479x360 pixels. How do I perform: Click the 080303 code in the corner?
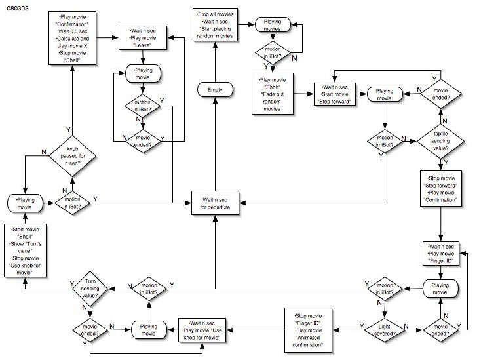pos(18,12)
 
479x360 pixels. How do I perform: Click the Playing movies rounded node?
pos(273,26)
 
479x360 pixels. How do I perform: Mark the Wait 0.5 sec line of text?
pos(72,31)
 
